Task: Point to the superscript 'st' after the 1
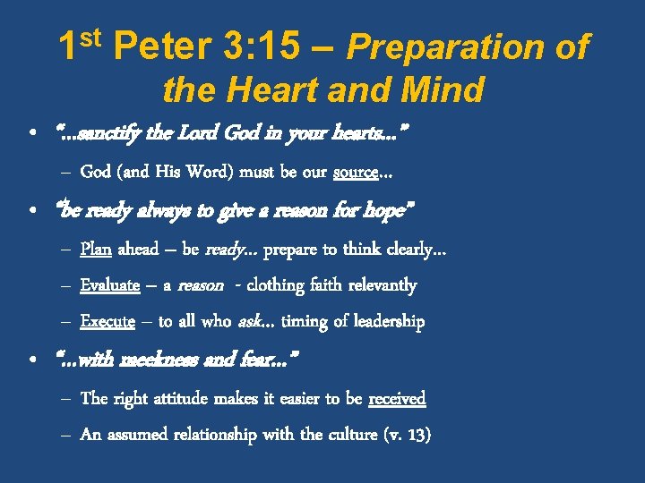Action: tap(93, 38)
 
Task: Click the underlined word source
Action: tap(355, 171)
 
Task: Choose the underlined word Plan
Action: tap(96, 249)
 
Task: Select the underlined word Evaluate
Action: tap(109, 285)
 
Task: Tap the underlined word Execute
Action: tap(107, 321)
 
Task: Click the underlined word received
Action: tap(397, 398)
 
